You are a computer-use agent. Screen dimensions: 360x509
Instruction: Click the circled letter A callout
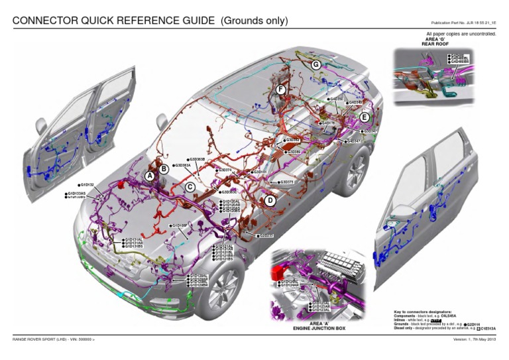(150, 176)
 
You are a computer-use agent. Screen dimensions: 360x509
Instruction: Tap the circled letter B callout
(164, 170)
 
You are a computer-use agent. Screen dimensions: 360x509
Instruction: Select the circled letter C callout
(190, 188)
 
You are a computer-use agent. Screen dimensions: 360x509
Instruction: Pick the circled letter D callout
(270, 200)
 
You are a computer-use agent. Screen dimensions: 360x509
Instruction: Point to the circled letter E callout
(365, 117)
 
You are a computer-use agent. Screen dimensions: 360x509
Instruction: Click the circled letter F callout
(281, 90)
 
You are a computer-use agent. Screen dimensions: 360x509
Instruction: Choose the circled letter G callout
(316, 65)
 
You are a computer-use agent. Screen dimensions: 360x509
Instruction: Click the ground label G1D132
(87, 185)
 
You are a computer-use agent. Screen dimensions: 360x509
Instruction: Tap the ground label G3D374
(224, 170)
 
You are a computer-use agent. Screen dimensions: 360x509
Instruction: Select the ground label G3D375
(287, 182)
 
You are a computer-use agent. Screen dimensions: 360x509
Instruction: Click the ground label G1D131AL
(133, 239)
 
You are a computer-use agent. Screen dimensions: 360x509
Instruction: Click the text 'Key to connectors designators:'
(423, 311)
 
